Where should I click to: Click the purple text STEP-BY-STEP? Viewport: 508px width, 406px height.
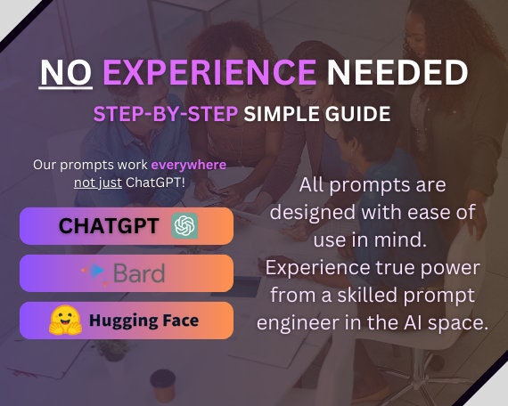(166, 114)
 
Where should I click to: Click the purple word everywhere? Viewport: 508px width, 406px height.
(189, 165)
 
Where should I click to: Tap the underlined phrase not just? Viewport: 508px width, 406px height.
(98, 183)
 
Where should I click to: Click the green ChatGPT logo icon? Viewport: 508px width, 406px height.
(184, 225)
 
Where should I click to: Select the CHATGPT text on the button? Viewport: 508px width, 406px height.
(109, 225)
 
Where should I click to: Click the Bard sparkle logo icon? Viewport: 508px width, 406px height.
(94, 273)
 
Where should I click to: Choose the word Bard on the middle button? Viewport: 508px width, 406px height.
(139, 273)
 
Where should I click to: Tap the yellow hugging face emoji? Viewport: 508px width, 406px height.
(65, 320)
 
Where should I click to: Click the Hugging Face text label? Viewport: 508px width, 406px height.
(143, 321)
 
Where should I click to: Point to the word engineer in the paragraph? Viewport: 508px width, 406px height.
(298, 322)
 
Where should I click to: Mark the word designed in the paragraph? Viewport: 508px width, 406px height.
(312, 213)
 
